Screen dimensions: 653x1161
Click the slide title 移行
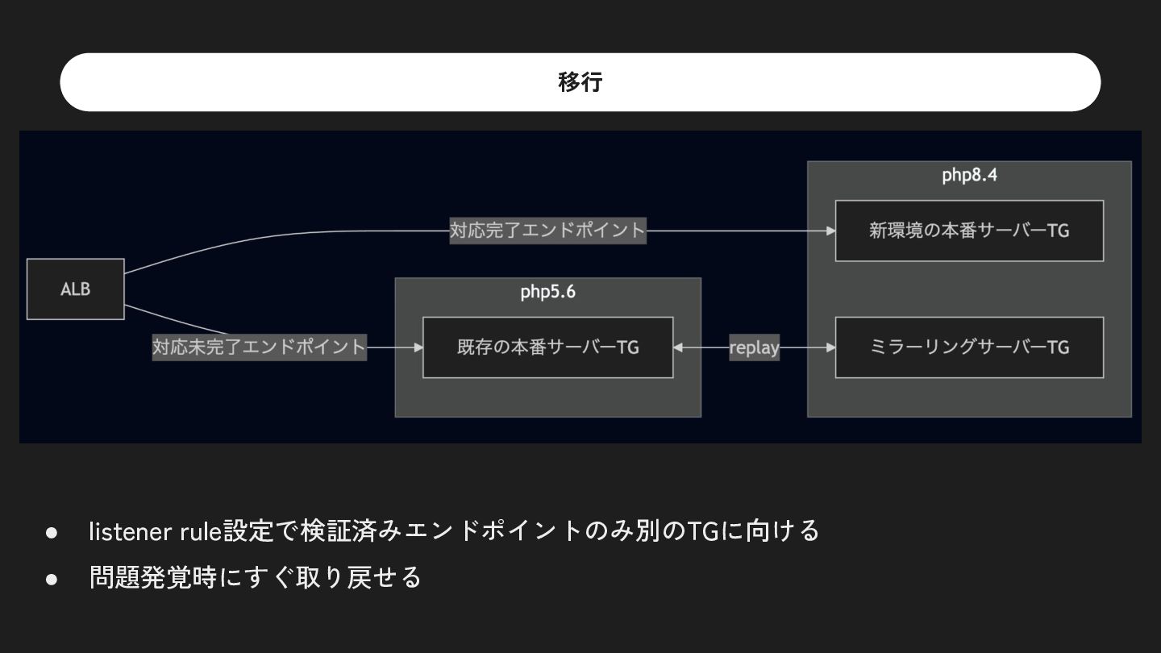point(580,82)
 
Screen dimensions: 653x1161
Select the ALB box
point(76,289)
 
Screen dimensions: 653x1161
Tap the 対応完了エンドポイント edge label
point(547,231)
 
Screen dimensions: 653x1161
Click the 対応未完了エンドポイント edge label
point(259,347)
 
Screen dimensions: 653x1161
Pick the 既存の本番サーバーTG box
point(547,347)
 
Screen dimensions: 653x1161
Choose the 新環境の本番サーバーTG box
point(969,231)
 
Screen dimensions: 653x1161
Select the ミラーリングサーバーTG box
point(969,347)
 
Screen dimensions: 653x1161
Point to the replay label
point(754,347)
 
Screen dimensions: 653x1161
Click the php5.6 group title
point(547,292)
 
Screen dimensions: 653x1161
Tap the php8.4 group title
point(969,175)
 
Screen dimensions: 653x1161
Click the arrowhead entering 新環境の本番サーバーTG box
point(830,231)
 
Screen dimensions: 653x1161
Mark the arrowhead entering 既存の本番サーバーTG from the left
point(418,347)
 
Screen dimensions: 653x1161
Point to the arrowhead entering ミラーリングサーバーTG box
point(830,347)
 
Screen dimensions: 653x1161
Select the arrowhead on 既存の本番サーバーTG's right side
point(678,347)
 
